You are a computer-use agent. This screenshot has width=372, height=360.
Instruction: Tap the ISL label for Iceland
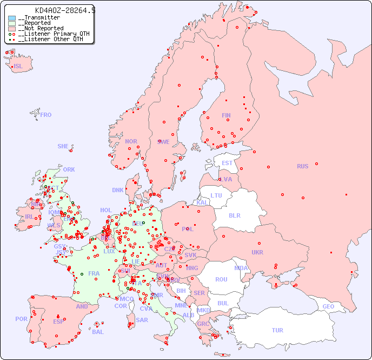tap(18, 67)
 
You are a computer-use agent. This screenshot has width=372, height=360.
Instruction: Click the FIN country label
tap(226, 115)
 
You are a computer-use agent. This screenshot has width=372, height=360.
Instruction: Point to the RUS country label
tap(302, 166)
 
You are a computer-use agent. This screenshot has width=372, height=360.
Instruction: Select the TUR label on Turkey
tap(277, 330)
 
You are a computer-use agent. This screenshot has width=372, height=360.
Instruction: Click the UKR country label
tap(257, 252)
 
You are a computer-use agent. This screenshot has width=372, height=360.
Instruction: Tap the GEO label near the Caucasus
tap(328, 306)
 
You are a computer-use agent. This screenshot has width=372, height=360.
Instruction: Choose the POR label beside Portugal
tap(21, 319)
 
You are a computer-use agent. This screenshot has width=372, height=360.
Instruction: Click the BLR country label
tap(234, 215)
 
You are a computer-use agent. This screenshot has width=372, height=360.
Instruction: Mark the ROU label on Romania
tap(221, 279)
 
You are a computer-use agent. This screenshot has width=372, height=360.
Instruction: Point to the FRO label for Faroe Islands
tap(46, 115)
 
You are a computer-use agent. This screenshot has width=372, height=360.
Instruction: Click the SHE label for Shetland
tap(63, 146)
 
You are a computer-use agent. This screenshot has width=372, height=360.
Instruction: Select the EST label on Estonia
tap(227, 163)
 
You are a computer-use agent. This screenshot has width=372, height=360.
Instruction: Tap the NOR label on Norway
tap(131, 141)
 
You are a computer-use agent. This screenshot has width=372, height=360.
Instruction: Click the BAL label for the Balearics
tap(98, 332)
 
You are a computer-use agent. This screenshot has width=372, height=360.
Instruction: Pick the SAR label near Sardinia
tap(142, 320)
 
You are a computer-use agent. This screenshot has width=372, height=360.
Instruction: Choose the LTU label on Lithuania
tap(216, 195)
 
